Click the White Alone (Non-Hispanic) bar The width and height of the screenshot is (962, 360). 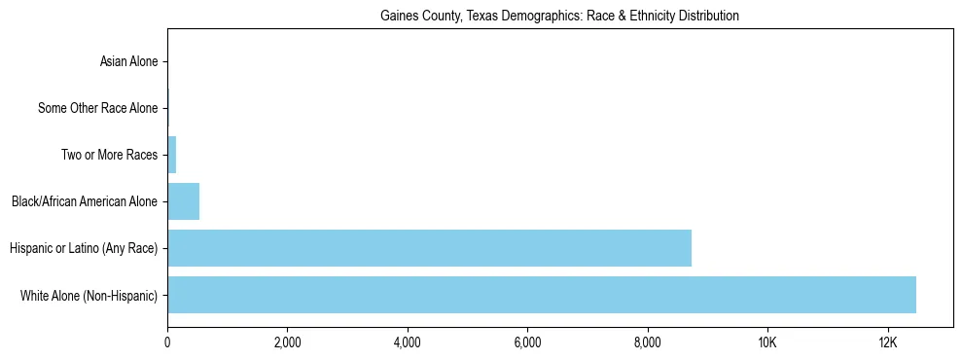[542, 295]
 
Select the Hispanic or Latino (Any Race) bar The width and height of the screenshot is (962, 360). [429, 248]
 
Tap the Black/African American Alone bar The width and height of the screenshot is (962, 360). [183, 201]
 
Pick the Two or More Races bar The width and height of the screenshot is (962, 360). [172, 155]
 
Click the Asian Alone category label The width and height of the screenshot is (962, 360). [128, 62]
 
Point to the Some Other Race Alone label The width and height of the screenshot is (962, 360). [97, 108]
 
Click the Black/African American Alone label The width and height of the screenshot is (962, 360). [85, 201]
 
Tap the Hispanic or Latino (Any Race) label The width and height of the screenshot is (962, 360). [84, 248]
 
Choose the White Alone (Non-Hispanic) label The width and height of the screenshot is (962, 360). [89, 295]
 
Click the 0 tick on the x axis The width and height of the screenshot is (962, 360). [167, 342]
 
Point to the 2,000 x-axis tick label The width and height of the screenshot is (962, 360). [287, 342]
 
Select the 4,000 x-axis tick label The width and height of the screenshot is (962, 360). [408, 342]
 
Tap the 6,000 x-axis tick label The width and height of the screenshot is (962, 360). [527, 342]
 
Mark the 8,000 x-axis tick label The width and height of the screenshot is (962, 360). [647, 342]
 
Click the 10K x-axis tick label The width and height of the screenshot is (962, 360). [767, 342]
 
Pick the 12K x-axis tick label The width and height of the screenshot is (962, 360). [887, 342]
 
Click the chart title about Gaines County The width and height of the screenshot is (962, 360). [559, 16]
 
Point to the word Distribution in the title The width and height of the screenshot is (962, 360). [710, 16]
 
